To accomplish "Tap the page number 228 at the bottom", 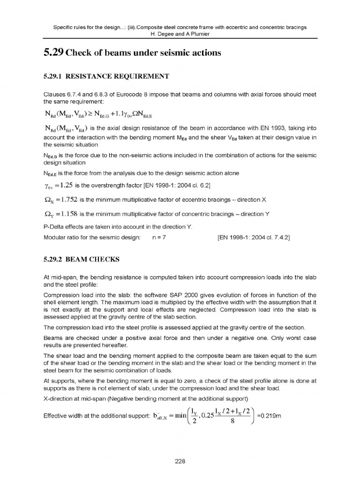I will tap(180, 461).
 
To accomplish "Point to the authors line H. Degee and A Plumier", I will tap(180, 34).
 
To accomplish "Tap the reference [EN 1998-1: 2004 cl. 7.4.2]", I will tap(254, 238).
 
